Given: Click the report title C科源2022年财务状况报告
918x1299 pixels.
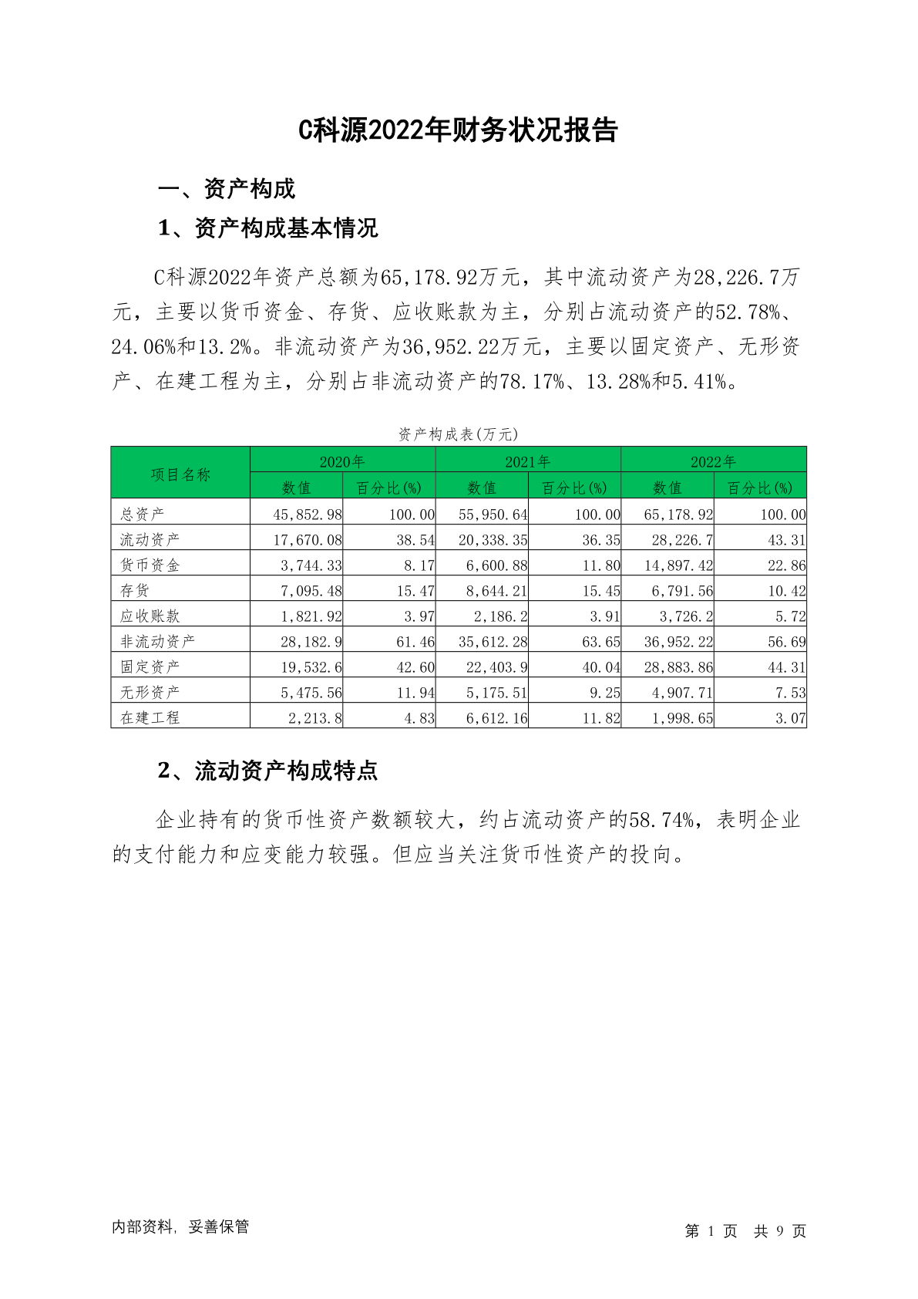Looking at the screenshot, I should click(458, 130).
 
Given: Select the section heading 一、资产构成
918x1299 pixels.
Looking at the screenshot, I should click(226, 189).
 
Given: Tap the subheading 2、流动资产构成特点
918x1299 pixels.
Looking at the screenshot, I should click(267, 771).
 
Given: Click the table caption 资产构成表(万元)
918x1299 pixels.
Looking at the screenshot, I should click(458, 434).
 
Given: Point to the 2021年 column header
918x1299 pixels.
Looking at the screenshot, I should click(527, 461).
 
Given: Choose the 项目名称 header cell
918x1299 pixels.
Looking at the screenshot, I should click(180, 474).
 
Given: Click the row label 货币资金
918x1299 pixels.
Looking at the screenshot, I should click(150, 565).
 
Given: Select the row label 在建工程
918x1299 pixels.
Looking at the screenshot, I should click(150, 717).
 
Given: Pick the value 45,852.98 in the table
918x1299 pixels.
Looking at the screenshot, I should click(308, 515).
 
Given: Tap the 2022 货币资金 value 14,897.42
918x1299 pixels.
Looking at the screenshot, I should click(678, 565).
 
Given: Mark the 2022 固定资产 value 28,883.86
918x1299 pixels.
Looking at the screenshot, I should click(678, 667).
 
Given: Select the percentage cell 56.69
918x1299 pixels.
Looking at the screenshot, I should click(786, 642).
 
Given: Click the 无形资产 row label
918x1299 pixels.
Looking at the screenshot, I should click(150, 692).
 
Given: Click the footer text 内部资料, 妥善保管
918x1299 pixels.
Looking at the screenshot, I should click(180, 1226).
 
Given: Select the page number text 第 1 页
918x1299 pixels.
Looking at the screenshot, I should click(711, 1231).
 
